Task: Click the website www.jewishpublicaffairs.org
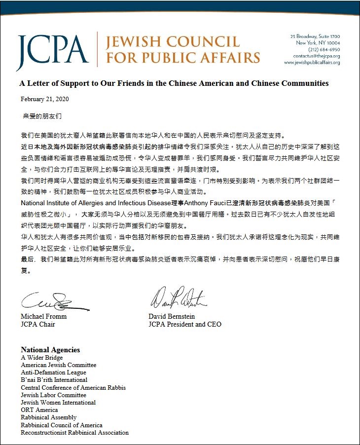(x=312, y=63)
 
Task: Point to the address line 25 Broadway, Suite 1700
(x=315, y=37)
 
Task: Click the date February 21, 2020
(x=44, y=99)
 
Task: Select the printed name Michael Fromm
(x=43, y=316)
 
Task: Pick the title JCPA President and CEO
(x=185, y=324)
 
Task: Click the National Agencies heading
(x=50, y=350)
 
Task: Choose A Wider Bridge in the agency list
(x=42, y=358)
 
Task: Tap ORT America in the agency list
(x=39, y=410)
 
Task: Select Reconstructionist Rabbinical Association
(x=74, y=433)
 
